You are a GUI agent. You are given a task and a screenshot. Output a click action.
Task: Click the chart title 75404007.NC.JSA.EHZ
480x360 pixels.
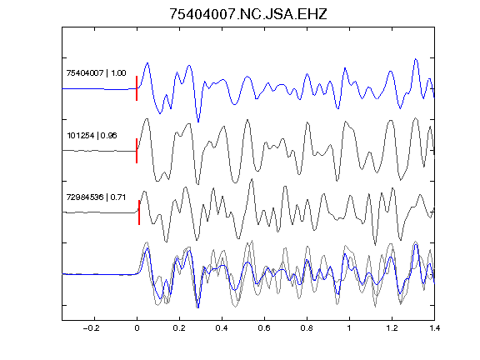coord(248,14)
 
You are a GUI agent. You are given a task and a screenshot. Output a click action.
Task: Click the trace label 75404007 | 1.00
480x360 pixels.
coord(96,73)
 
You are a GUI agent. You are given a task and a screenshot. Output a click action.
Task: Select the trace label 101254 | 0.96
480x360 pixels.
coord(92,135)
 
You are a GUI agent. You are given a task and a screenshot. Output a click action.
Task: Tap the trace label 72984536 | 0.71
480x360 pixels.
coord(96,197)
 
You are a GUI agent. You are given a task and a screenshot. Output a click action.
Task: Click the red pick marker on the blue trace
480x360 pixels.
coord(137,88)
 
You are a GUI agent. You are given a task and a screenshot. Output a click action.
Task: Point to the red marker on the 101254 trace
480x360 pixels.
coord(137,151)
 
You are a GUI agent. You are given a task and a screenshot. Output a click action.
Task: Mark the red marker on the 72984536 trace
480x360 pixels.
coord(139,212)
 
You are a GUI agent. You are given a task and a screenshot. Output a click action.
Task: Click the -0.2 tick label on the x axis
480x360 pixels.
coord(91,328)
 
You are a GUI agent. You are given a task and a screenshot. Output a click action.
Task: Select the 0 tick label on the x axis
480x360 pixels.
coord(137,328)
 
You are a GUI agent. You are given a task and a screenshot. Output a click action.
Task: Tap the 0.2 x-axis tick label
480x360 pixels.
coord(179,328)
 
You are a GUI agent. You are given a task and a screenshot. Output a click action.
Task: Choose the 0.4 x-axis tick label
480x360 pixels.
coord(222,328)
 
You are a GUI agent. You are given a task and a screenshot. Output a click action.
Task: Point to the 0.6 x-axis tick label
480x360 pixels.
coord(264,328)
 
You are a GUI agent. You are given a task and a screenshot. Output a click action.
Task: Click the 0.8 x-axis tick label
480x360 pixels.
coord(307,328)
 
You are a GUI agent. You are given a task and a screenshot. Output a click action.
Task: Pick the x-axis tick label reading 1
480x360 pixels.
coord(349,328)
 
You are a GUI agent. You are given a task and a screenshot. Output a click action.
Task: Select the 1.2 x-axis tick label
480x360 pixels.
coord(392,328)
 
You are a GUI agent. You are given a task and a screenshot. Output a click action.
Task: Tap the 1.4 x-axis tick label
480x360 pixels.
coord(434,328)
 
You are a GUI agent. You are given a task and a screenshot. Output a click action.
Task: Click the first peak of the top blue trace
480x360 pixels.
coord(147,63)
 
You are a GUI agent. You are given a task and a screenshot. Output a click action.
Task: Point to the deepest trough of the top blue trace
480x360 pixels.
coord(198,122)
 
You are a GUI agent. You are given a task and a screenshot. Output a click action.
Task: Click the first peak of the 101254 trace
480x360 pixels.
coord(147,119)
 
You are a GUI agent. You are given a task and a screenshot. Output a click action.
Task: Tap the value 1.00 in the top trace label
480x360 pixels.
coord(118,73)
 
